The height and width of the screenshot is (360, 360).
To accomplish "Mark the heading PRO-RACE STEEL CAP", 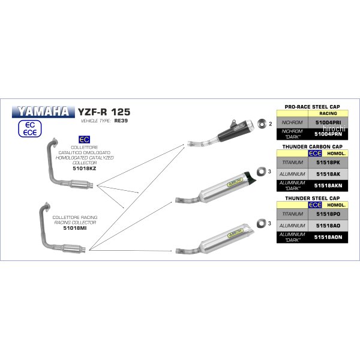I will pos(313,105).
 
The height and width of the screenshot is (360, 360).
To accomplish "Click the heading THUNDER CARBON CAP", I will pos(313,146).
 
